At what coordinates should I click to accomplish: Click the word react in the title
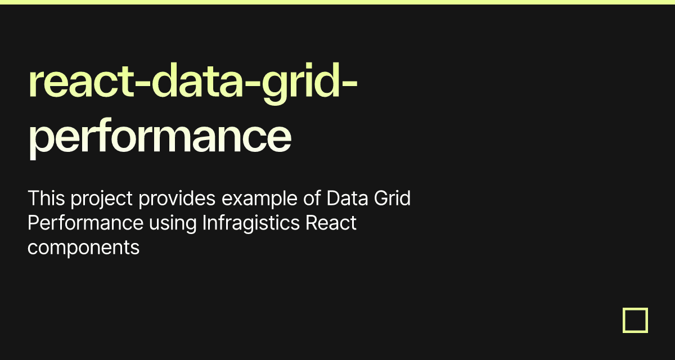71,82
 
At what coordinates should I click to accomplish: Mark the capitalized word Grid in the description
392,199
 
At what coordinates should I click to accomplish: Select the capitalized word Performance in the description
85,223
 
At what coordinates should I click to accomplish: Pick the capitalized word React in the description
331,223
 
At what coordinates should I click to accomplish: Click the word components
83,248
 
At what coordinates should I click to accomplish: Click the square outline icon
635,320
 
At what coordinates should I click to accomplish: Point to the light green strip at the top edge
337,2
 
